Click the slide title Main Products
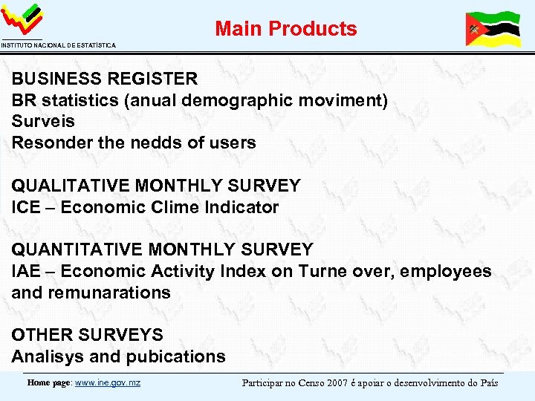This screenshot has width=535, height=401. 286,29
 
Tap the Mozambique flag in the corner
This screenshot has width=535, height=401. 493,29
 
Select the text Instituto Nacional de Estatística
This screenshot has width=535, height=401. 58,46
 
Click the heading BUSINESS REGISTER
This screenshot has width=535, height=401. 105,79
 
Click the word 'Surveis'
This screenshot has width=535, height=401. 43,121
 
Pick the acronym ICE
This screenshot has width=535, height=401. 27,207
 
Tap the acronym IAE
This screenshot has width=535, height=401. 27,271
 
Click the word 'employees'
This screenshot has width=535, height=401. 445,271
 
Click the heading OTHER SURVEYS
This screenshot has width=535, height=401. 87,335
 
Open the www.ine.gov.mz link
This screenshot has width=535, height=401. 108,383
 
